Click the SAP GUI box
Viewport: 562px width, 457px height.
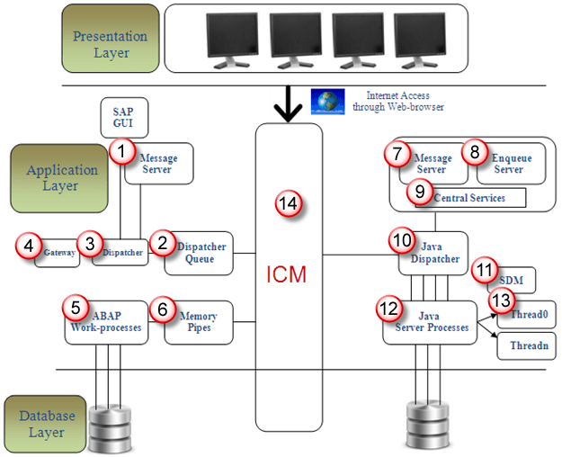tap(123, 118)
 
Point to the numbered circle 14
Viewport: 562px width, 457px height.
tap(287, 205)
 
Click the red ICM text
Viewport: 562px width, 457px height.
tap(288, 274)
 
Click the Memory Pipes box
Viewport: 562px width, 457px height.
tap(199, 323)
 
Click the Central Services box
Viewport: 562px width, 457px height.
tap(468, 197)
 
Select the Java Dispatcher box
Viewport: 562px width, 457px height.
tap(435, 254)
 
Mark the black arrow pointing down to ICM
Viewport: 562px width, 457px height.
tap(288, 104)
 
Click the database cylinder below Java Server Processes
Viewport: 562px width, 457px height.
tap(427, 420)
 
